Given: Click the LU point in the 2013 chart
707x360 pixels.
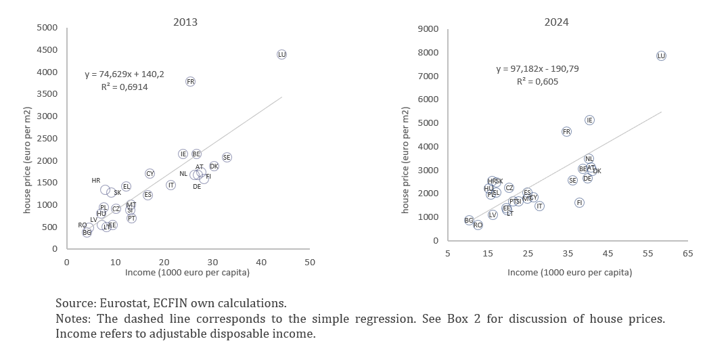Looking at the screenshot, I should [x=282, y=54].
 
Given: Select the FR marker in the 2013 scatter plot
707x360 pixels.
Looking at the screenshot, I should [x=190, y=81].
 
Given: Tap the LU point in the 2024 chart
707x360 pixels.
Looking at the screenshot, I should [x=661, y=55].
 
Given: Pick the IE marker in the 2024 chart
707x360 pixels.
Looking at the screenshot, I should [x=589, y=120].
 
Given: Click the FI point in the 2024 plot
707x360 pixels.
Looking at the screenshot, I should [x=579, y=202].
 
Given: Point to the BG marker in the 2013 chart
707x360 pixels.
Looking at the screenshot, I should [x=87, y=232].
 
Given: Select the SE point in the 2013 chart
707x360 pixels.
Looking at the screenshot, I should [x=227, y=157].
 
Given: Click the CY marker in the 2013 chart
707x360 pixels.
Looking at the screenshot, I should [x=150, y=174].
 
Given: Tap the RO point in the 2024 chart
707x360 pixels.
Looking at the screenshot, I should [x=478, y=225].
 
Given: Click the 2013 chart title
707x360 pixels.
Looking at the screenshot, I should [x=185, y=22].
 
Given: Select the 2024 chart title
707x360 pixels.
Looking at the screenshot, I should [x=557, y=22].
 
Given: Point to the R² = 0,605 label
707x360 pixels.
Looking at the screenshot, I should [x=538, y=81].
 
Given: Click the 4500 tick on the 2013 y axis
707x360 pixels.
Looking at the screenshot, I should [x=47, y=50].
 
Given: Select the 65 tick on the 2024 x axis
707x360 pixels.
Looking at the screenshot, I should [x=688, y=253].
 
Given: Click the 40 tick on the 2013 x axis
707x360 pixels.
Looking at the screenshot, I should [x=261, y=261].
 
